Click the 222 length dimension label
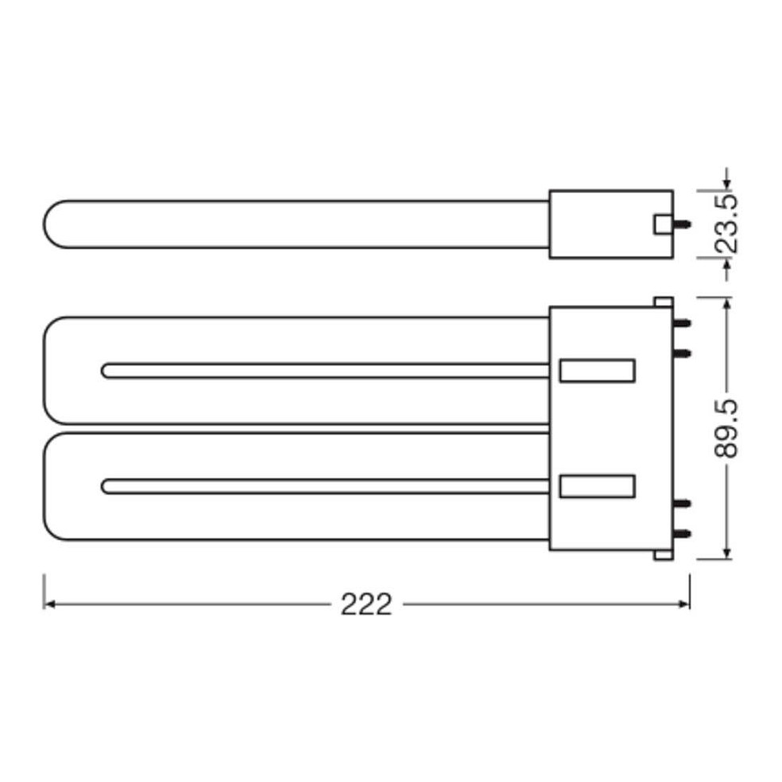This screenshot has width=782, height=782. [366, 605]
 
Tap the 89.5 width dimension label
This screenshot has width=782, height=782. [726, 428]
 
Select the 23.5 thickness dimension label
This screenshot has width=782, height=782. [726, 223]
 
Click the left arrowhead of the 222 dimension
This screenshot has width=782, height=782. [49, 605]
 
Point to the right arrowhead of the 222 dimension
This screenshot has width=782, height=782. [684, 605]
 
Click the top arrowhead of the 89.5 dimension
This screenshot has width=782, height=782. [727, 304]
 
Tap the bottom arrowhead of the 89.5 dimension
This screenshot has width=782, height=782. [727, 553]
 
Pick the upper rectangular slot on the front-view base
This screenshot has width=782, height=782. [597, 370]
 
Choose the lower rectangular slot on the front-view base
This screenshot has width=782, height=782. [597, 486]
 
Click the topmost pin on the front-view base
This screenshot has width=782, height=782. [682, 323]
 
